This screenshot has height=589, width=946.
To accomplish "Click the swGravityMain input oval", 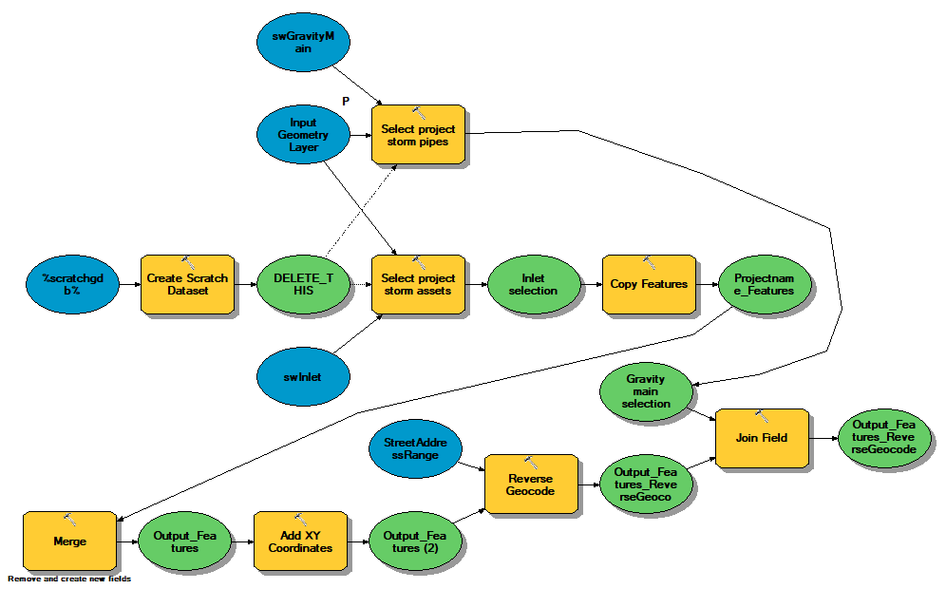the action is point(303,42).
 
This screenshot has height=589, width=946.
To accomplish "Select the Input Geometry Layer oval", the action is point(303,135).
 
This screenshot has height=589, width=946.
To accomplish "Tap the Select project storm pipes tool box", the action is point(418,135).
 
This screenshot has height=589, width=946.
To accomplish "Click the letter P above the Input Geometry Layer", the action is point(346,101).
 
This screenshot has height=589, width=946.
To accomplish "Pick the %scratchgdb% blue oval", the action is point(72,284).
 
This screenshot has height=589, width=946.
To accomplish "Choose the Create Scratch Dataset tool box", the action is point(188,284).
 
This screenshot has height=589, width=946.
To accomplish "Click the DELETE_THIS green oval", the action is point(303,284).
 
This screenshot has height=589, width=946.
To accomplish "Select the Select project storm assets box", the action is point(418,284).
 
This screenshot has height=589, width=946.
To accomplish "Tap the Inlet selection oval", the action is point(534,284).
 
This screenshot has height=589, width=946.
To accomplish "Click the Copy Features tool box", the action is point(649,284).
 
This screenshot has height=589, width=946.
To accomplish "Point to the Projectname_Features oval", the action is point(765,284).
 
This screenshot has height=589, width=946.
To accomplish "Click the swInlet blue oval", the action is point(303,376).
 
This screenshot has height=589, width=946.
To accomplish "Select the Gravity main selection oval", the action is point(646,391).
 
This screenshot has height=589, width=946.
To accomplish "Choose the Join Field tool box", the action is point(762,438).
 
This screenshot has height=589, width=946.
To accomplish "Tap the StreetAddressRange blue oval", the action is point(415,449).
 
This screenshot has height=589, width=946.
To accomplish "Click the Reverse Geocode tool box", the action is point(531,484).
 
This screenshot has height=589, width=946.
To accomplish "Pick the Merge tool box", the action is point(69,541).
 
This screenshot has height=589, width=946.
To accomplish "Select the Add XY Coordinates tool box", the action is point(300,541).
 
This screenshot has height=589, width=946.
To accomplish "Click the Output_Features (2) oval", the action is point(415,541).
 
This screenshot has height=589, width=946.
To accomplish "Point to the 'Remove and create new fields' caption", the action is point(69,579).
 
